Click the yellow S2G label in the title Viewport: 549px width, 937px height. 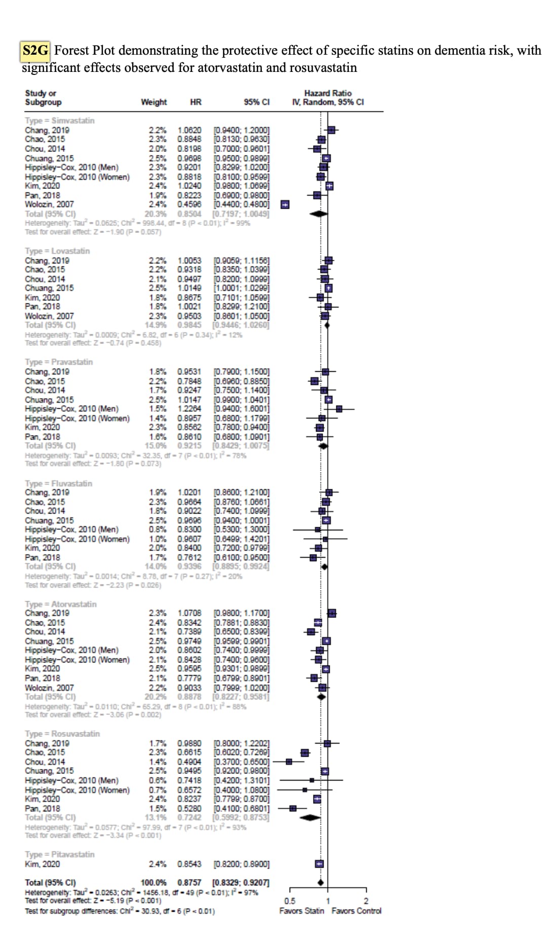click(35, 50)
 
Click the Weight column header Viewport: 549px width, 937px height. click(153, 102)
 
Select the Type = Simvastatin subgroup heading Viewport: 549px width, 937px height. click(60, 121)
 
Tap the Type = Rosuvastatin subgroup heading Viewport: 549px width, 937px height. click(62, 733)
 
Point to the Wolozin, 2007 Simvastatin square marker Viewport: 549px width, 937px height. click(285, 205)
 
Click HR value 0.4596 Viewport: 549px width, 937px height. click(189, 205)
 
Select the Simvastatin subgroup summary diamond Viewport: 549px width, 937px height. click(319, 214)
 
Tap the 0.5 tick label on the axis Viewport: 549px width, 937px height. click(290, 901)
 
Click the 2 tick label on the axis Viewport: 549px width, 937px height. click(366, 901)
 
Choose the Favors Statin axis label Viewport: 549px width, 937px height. click(302, 911)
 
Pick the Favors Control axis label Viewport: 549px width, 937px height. click(357, 911)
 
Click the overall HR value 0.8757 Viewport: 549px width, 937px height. click(189, 882)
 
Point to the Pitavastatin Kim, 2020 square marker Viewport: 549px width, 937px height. click(319, 864)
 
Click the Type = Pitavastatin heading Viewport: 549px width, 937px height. click(60, 854)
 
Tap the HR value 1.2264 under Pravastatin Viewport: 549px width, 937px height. click(189, 409)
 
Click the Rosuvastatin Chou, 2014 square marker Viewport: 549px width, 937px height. click(289, 762)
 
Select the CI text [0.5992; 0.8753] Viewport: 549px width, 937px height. click(241, 817)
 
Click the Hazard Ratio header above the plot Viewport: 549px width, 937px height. click(328, 93)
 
